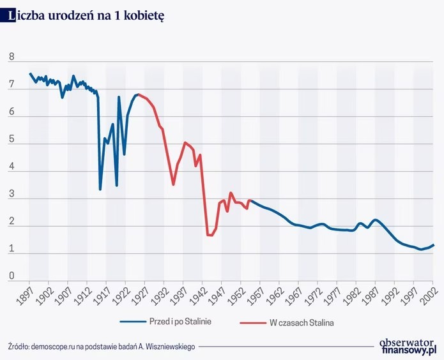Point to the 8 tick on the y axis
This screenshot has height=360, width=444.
[x=11, y=57]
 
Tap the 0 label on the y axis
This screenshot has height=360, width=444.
[x=11, y=276]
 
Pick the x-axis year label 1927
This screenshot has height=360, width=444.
[x=141, y=292]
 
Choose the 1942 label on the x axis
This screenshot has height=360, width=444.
[x=199, y=292]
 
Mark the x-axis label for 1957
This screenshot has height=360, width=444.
[x=257, y=292]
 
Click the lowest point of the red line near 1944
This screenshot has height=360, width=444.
[x=210, y=236]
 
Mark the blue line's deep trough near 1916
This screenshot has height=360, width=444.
[x=100, y=189]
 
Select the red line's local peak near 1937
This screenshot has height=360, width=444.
[x=185, y=142]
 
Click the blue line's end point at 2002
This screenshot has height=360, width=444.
[x=433, y=244]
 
